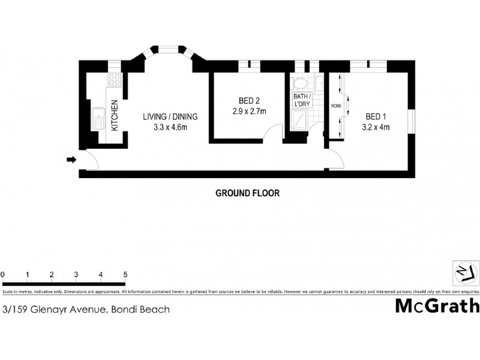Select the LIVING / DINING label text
point(170,117)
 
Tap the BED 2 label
point(249,101)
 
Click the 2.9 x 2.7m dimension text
point(249,111)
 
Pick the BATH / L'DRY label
point(301,100)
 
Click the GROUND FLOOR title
point(247,193)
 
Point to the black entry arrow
point(71,160)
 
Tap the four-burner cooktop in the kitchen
point(114,80)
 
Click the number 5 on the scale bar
point(125,275)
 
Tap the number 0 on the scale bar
point(3,275)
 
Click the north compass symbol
point(464,273)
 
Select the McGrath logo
point(436,306)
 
